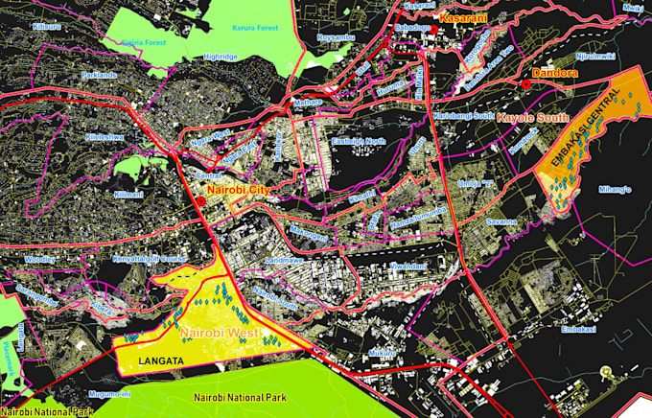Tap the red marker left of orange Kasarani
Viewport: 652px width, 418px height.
pos(433,30)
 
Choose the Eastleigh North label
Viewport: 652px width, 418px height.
pos(358,142)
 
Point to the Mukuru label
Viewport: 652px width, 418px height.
pos(383,353)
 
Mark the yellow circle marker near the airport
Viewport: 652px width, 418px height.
pos(605,371)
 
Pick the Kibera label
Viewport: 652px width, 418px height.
pos(101,308)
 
